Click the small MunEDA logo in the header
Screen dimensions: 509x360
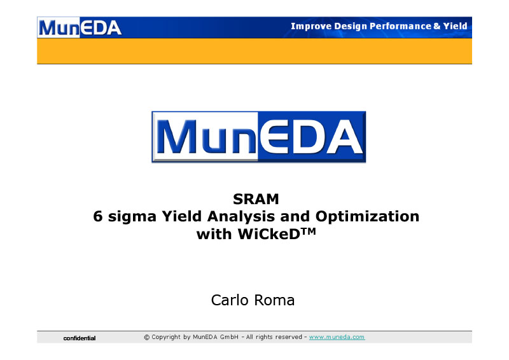[80, 27]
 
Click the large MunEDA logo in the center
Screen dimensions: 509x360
[259, 137]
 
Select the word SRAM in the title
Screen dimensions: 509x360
[256, 199]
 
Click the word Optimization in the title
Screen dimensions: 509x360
[367, 216]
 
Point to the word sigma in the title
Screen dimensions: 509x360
[132, 217]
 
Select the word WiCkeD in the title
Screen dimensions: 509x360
[268, 234]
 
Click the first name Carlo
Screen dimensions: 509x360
[230, 300]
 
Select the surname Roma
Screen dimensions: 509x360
[274, 300]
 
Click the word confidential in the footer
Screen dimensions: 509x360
[80, 338]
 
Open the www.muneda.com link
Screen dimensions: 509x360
[337, 337]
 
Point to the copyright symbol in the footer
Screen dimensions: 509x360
[147, 338]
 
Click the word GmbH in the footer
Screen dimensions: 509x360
[229, 337]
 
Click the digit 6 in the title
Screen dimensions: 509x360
[98, 216]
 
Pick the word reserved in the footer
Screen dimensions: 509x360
[289, 337]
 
